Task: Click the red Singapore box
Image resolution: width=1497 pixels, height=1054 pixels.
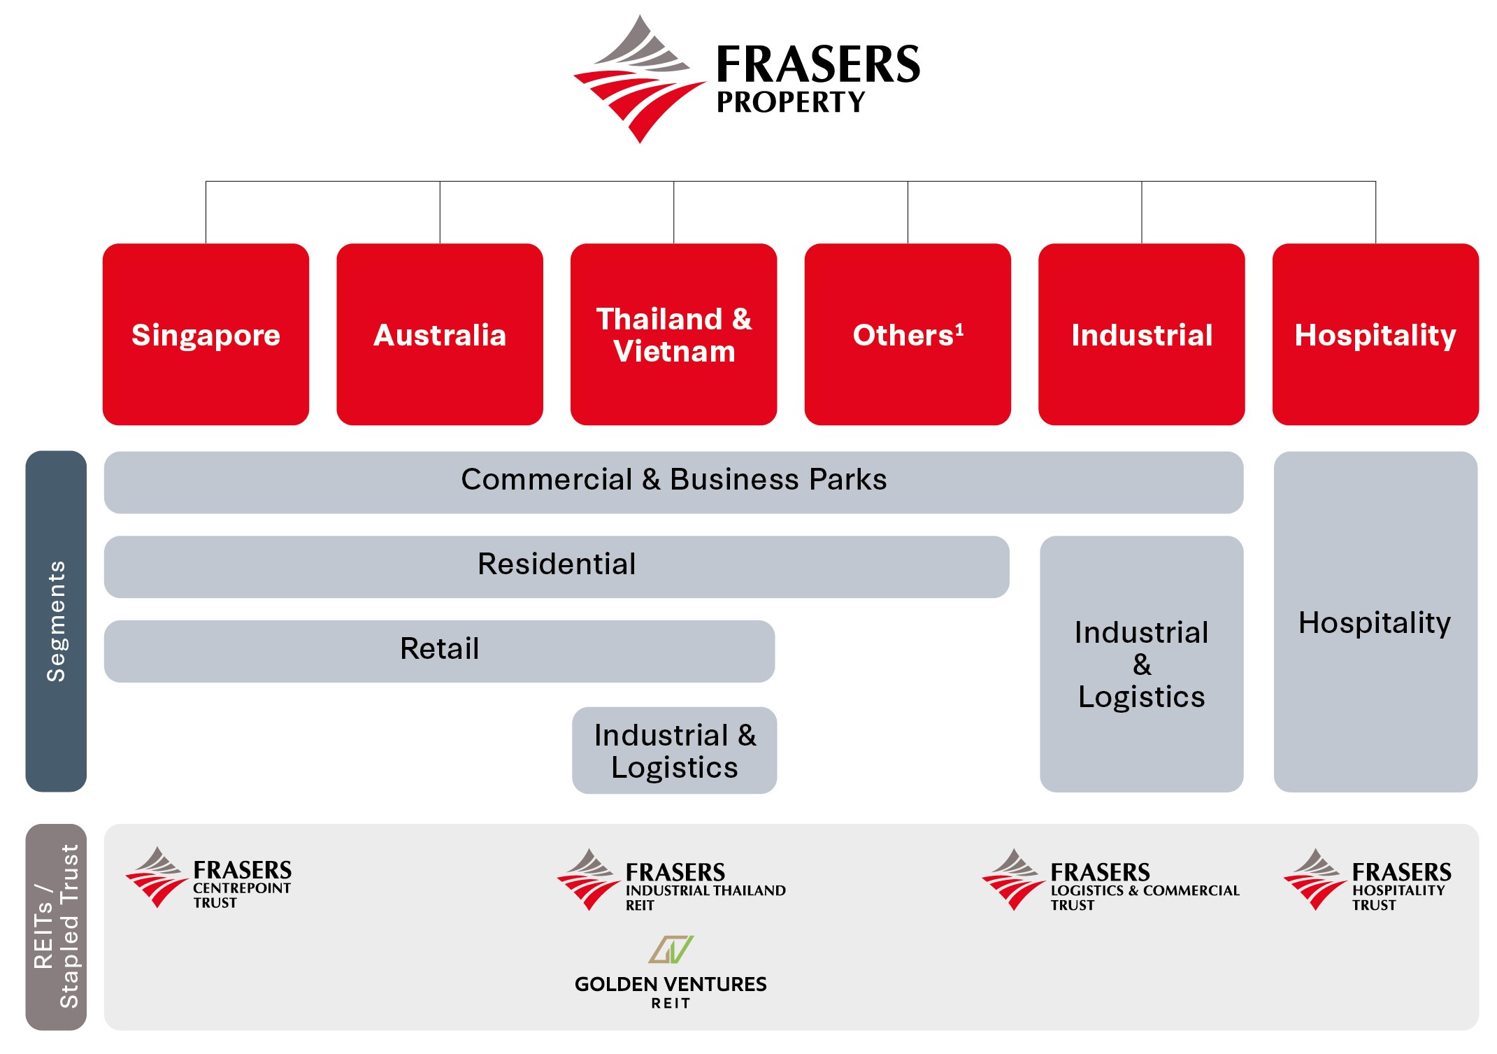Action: [x=206, y=334]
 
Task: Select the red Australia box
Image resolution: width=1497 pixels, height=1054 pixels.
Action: [x=440, y=334]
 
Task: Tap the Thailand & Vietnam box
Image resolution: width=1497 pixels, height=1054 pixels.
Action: [x=673, y=334]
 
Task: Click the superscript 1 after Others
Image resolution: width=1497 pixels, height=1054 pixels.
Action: [x=959, y=329]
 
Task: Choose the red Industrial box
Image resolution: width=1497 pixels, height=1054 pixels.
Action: [x=1141, y=334]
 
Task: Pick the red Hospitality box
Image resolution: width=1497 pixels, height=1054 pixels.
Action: [x=1375, y=334]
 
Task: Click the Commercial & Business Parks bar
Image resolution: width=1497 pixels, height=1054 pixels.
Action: [x=673, y=482]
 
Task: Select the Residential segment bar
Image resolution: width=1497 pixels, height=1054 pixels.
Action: [x=557, y=567]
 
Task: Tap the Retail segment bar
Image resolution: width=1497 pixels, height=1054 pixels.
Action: [x=439, y=651]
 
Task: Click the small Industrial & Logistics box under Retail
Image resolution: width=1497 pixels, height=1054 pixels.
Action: [x=674, y=750]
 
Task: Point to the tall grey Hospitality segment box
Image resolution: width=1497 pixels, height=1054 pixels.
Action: [x=1375, y=622]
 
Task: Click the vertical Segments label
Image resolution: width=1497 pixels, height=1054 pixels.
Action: [x=56, y=621]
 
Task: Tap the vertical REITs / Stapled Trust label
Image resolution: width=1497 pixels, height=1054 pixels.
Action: [x=56, y=927]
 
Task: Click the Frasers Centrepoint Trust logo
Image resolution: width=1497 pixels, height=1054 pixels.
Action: [x=208, y=878]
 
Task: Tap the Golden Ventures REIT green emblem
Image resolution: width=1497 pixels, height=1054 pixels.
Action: [x=671, y=950]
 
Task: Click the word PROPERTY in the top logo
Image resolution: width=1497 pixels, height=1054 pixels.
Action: [x=791, y=103]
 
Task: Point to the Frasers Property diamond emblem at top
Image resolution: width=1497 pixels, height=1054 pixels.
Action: [x=639, y=79]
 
